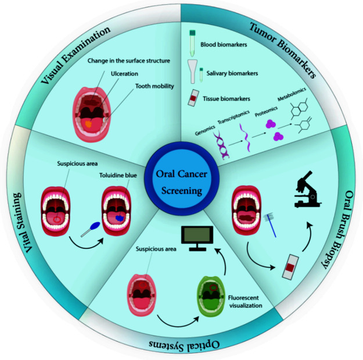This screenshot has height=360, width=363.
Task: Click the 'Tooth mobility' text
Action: pyautogui.click(x=136, y=87)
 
